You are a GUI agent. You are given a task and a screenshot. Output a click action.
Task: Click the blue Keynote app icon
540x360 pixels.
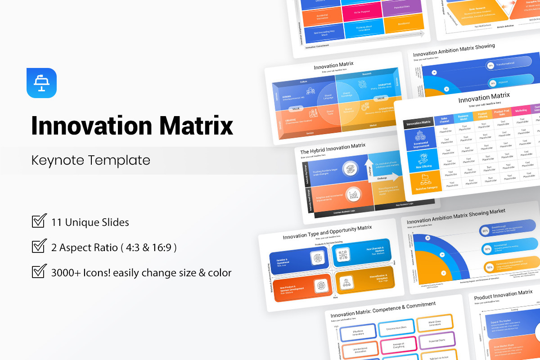click(x=41, y=83)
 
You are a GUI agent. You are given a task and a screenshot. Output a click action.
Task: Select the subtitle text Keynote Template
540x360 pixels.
click(x=90, y=160)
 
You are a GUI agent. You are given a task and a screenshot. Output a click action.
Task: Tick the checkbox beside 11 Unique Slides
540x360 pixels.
click(x=39, y=221)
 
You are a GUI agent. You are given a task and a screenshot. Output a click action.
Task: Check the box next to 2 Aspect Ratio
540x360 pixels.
click(x=39, y=247)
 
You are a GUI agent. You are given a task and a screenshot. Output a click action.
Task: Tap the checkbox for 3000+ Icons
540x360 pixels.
click(x=39, y=272)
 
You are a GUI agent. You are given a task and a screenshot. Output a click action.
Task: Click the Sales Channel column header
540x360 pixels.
click(x=444, y=119)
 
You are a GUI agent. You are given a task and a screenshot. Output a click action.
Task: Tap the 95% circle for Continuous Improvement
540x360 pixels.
click(x=489, y=267)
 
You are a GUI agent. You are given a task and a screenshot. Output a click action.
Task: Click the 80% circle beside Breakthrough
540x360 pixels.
click(x=485, y=231)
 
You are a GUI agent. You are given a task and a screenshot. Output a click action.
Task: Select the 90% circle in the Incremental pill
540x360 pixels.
click(x=487, y=249)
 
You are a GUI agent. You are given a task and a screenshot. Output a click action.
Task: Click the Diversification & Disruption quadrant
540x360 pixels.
click(x=364, y=282)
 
